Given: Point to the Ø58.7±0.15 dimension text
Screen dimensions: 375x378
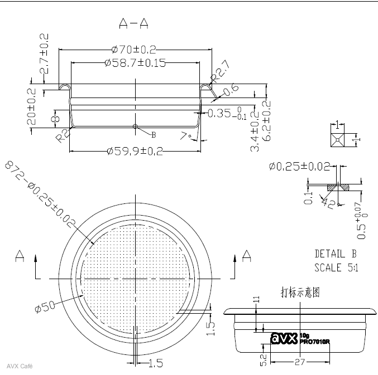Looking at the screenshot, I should point(135,63).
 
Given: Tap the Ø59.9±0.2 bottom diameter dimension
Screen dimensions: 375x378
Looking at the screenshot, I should point(135,151).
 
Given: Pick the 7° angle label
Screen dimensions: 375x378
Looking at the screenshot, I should point(186,135).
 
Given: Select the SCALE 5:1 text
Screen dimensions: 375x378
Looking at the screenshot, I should point(336,267).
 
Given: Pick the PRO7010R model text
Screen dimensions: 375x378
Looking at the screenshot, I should point(315,342).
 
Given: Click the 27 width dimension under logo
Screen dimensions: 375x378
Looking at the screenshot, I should point(300,362).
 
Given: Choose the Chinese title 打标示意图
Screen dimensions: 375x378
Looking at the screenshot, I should point(299,293).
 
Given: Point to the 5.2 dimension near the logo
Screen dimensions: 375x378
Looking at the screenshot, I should point(263,360).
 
